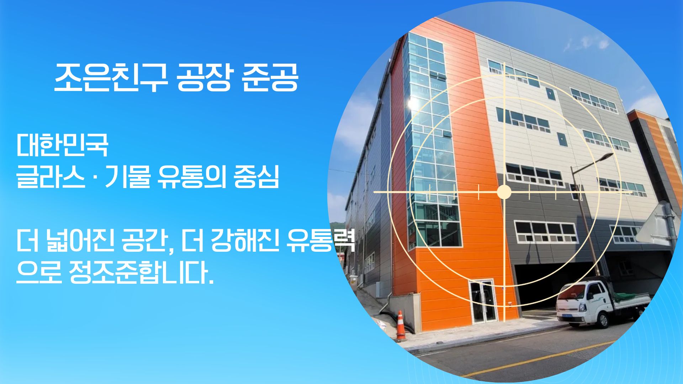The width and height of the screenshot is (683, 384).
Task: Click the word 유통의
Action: (x=191, y=177)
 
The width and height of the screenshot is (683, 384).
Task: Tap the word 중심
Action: (x=256, y=177)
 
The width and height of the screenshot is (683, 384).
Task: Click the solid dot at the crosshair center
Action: (x=504, y=192)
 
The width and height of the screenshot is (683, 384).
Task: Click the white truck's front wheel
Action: (x=602, y=320)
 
